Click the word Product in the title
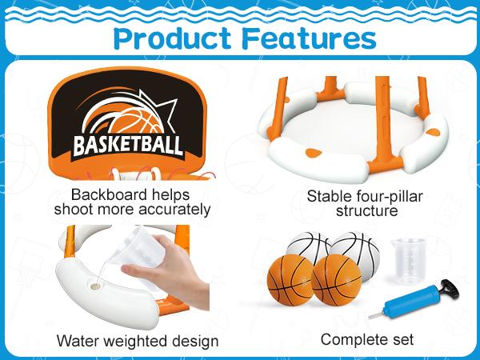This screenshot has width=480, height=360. pos(172,39)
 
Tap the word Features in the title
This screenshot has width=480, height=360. pos(309,39)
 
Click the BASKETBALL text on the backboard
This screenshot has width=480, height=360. pos(128,146)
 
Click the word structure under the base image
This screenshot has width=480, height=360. pos(366,210)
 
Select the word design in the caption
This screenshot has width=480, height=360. pos(195,342)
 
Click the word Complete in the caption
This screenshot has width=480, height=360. pos(353,340)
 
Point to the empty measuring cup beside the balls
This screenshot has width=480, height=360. pos(408,261)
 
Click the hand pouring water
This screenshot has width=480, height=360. pos(171,270)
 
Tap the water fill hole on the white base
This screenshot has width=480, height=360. pos(96,286)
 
